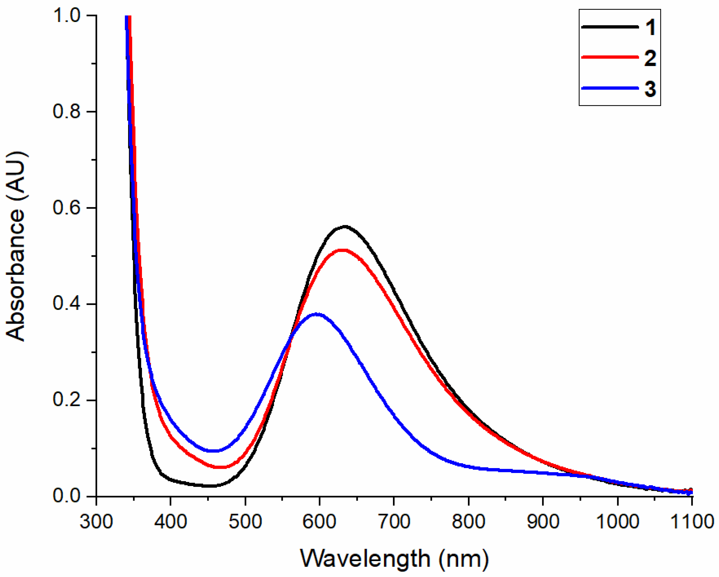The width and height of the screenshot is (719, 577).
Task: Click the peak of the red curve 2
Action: pos(343,250)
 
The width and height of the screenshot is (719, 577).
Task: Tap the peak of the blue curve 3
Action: pos(318,314)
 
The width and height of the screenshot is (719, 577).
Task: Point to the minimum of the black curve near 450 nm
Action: pos(208,486)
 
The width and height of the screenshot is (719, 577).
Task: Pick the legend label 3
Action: pos(650,89)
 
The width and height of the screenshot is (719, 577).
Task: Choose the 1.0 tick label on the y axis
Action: pos(67,16)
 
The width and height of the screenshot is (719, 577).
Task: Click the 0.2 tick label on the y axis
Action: pos(67,400)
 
